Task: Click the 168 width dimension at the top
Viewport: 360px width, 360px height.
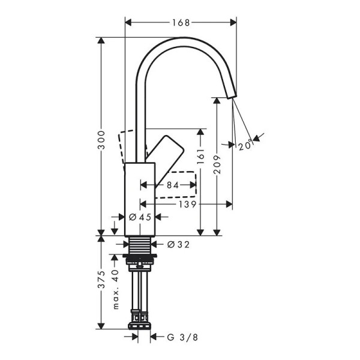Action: coord(180,23)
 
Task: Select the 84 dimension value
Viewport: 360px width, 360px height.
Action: coord(172,185)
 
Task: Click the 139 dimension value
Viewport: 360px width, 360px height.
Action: coord(187,204)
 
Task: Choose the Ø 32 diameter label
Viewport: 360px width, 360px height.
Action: coord(179,244)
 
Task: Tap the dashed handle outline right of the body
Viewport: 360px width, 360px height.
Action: coord(180,184)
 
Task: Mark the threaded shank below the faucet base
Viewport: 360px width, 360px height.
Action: coord(140,246)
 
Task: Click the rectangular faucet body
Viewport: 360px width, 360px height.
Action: coord(140,198)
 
